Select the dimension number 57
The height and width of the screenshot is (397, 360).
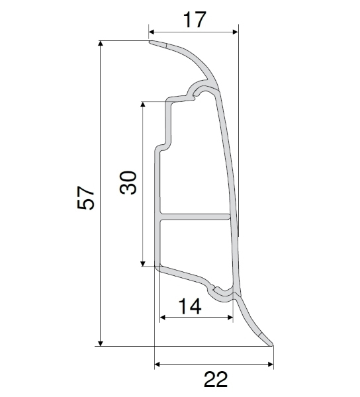click(87, 197)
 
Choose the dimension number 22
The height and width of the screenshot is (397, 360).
click(215, 380)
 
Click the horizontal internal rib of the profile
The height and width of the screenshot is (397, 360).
click(195, 216)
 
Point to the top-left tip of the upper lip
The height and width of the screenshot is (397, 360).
click(151, 44)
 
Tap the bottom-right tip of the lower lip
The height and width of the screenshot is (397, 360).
click(271, 343)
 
